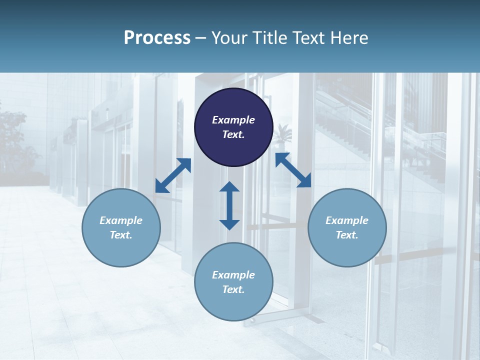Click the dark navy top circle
point(233,127)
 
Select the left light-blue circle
point(121,227)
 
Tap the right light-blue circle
point(347,227)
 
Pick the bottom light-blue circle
point(233,282)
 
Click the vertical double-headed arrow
point(229,205)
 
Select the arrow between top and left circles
point(173,175)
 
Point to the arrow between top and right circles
point(293,170)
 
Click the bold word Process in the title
point(157,38)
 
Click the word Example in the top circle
point(233,120)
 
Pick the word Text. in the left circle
point(121,235)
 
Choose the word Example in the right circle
point(347,220)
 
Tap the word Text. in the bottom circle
point(233,289)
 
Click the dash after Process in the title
point(201,38)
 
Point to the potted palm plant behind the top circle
point(283,134)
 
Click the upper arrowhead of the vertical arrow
point(229,187)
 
